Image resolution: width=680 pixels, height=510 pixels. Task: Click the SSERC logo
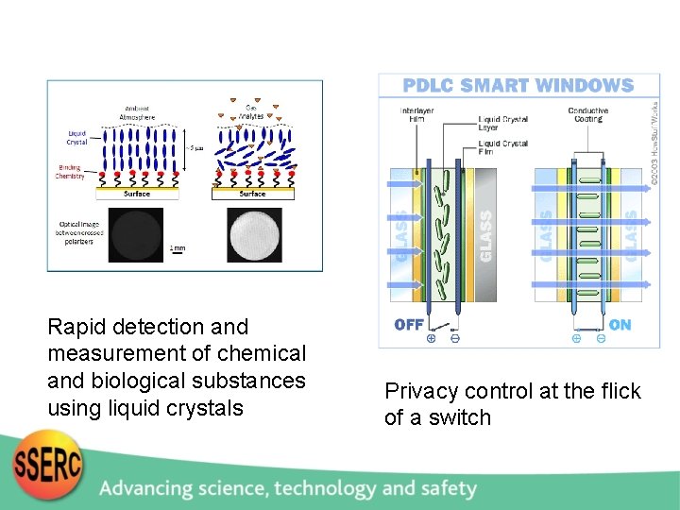pyautogui.click(x=48, y=465)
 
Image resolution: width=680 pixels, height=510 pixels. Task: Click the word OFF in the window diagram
pyautogui.click(x=409, y=325)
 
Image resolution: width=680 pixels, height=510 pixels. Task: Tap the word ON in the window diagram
pyautogui.click(x=620, y=325)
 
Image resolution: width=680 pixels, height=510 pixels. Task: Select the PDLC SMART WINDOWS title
pyautogui.click(x=518, y=86)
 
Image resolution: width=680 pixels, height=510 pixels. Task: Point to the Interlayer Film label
pyautogui.click(x=416, y=114)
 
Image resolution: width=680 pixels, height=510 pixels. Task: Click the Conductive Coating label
pyautogui.click(x=587, y=114)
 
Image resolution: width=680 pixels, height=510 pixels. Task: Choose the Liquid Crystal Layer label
pyautogui.click(x=502, y=125)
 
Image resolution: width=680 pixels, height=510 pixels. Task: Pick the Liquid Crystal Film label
pyautogui.click(x=502, y=147)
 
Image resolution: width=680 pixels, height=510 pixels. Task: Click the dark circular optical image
pyautogui.click(x=135, y=236)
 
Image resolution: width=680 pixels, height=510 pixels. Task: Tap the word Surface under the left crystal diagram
pyautogui.click(x=136, y=194)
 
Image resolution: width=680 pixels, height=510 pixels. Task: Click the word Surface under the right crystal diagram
pyautogui.click(x=252, y=194)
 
